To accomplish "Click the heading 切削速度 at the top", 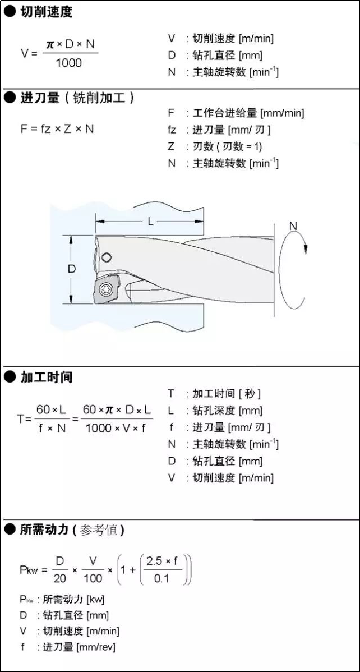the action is click(47, 12).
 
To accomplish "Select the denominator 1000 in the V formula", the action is click(68, 63).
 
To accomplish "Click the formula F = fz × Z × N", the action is click(57, 128).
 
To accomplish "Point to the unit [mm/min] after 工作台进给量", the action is click(283, 113).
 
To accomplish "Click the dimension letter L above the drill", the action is click(150, 222).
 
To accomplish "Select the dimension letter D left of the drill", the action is click(72, 269).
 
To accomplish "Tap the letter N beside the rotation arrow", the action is click(293, 225).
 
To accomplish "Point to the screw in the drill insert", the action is click(105, 289).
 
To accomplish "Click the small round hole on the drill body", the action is click(107, 257).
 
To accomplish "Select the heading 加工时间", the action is click(47, 377).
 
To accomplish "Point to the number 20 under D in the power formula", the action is click(60, 578).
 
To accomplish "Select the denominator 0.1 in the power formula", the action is click(161, 578).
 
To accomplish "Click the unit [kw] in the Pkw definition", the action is click(95, 599).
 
